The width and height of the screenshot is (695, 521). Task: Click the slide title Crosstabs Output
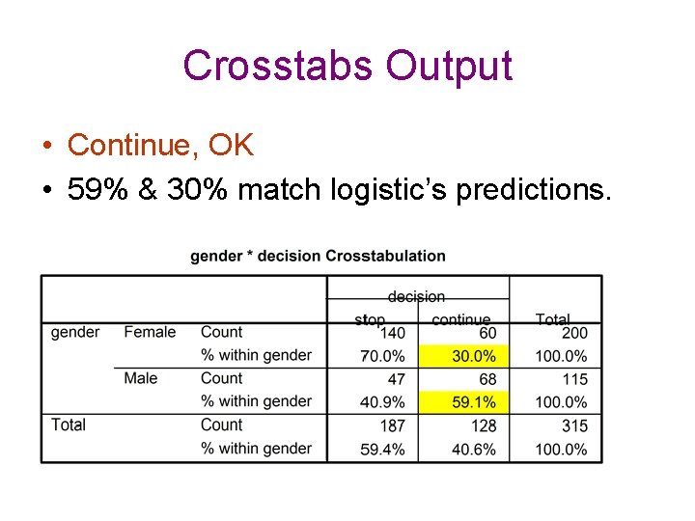point(347,66)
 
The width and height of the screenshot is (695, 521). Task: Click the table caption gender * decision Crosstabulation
point(318,256)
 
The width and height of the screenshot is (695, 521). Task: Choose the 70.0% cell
point(382,356)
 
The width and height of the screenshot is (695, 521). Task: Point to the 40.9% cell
point(382,402)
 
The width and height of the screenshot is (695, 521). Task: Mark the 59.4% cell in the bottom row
point(382,449)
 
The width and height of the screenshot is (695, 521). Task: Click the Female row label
point(150,333)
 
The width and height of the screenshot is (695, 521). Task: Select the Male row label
point(141,378)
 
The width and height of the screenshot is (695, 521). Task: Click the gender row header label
point(75,333)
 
